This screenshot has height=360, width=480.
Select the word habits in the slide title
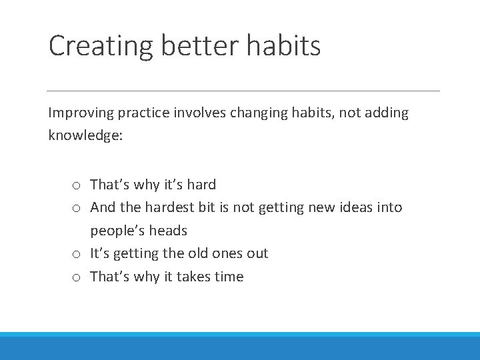[x=284, y=46]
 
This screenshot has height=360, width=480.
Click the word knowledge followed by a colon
[x=85, y=136]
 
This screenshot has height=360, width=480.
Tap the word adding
[x=385, y=113]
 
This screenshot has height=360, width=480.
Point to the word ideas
[x=357, y=207]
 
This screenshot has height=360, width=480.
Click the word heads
[x=169, y=231]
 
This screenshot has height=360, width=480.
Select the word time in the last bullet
[x=229, y=277]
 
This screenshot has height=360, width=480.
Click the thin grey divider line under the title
[x=243, y=91]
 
